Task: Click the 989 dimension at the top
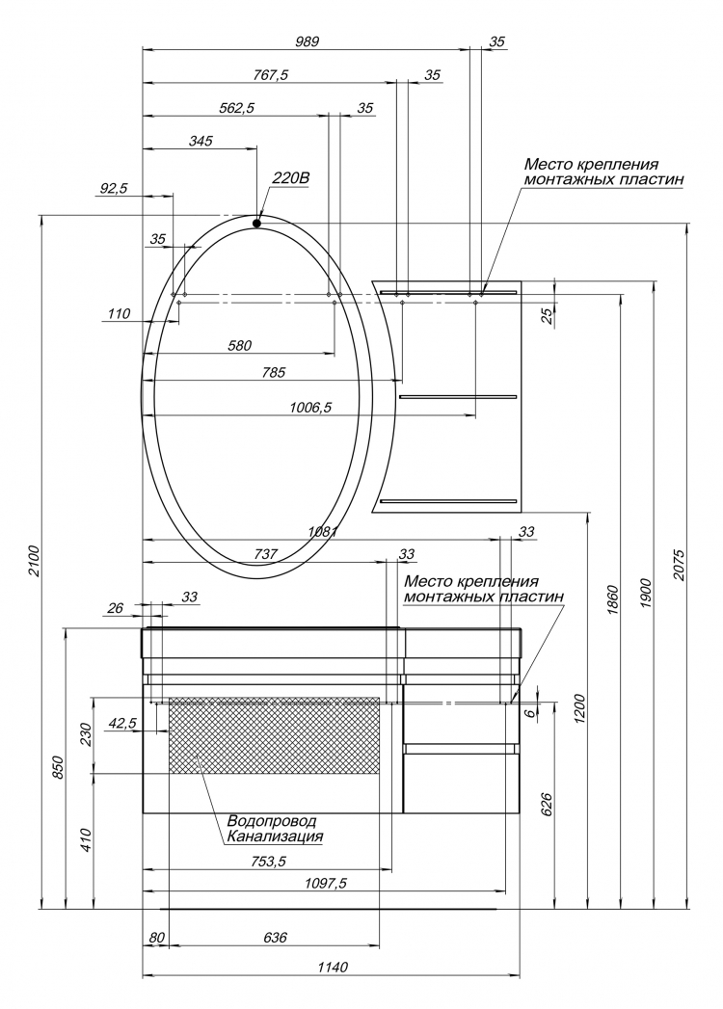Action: [x=308, y=41]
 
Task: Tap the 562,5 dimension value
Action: [x=237, y=108]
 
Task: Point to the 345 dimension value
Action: [x=201, y=141]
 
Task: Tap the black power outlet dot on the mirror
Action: [x=256, y=224]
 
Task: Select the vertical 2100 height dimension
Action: [x=35, y=561]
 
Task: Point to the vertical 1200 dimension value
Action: [x=580, y=709]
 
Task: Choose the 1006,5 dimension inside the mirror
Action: [x=310, y=407]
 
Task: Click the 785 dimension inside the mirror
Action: [x=273, y=372]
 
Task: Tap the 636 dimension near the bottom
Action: [x=275, y=937]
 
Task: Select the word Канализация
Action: [x=275, y=836]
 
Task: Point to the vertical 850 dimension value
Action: [x=59, y=767]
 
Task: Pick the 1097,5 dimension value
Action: [x=325, y=883]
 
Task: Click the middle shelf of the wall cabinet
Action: [x=458, y=396]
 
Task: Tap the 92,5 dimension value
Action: [x=114, y=188]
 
